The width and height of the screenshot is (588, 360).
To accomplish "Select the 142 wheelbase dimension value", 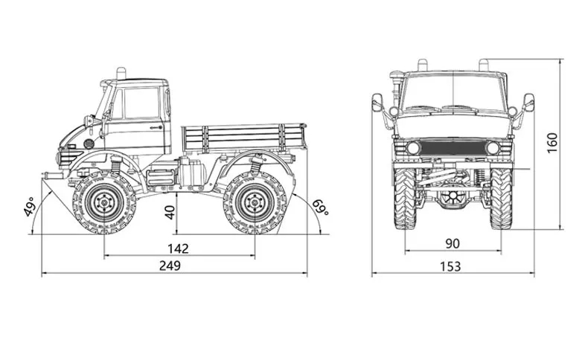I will pos(179,248).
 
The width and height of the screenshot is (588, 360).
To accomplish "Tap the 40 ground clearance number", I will pos(170,212).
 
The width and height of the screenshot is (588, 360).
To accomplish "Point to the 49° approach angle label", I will pos(30,207).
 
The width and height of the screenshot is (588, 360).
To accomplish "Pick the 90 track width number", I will pos(453,242).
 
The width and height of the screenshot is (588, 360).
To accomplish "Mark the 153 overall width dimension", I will pos(450,266).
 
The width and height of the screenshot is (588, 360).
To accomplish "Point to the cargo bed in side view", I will pos(244,138).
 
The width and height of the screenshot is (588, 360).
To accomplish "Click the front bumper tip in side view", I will pos(46,176).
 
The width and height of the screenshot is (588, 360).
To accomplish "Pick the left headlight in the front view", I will pos(413,148).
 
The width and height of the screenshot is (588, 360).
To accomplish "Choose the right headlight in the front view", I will pos(492,148).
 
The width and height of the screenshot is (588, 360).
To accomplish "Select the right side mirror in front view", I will pos(529,102).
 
